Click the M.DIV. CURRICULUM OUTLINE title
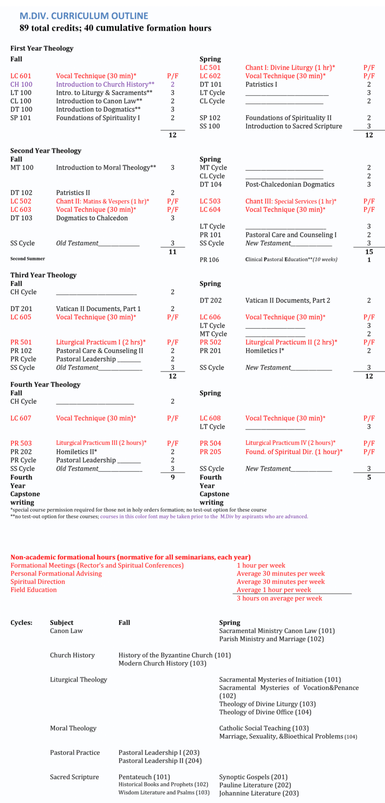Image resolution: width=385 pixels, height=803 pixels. click(x=84, y=16)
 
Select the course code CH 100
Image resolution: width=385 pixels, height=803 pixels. click(x=22, y=84)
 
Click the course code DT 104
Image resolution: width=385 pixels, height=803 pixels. click(x=211, y=184)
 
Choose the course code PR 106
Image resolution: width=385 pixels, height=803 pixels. click(x=210, y=259)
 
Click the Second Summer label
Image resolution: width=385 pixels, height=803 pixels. click(x=28, y=258)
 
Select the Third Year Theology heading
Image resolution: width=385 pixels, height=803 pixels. click(x=44, y=275)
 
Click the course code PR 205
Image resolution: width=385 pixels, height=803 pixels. click(x=210, y=452)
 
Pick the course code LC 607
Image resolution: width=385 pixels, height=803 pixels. click(x=21, y=418)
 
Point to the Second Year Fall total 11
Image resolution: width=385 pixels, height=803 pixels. click(x=172, y=251)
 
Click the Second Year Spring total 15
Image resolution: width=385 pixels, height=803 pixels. click(x=369, y=251)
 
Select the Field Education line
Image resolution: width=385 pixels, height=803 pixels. click(x=34, y=590)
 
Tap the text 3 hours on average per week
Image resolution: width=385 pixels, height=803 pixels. click(x=279, y=598)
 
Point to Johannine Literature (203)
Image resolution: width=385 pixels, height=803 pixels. click(x=259, y=793)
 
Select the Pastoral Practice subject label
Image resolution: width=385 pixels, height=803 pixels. click(x=75, y=752)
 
